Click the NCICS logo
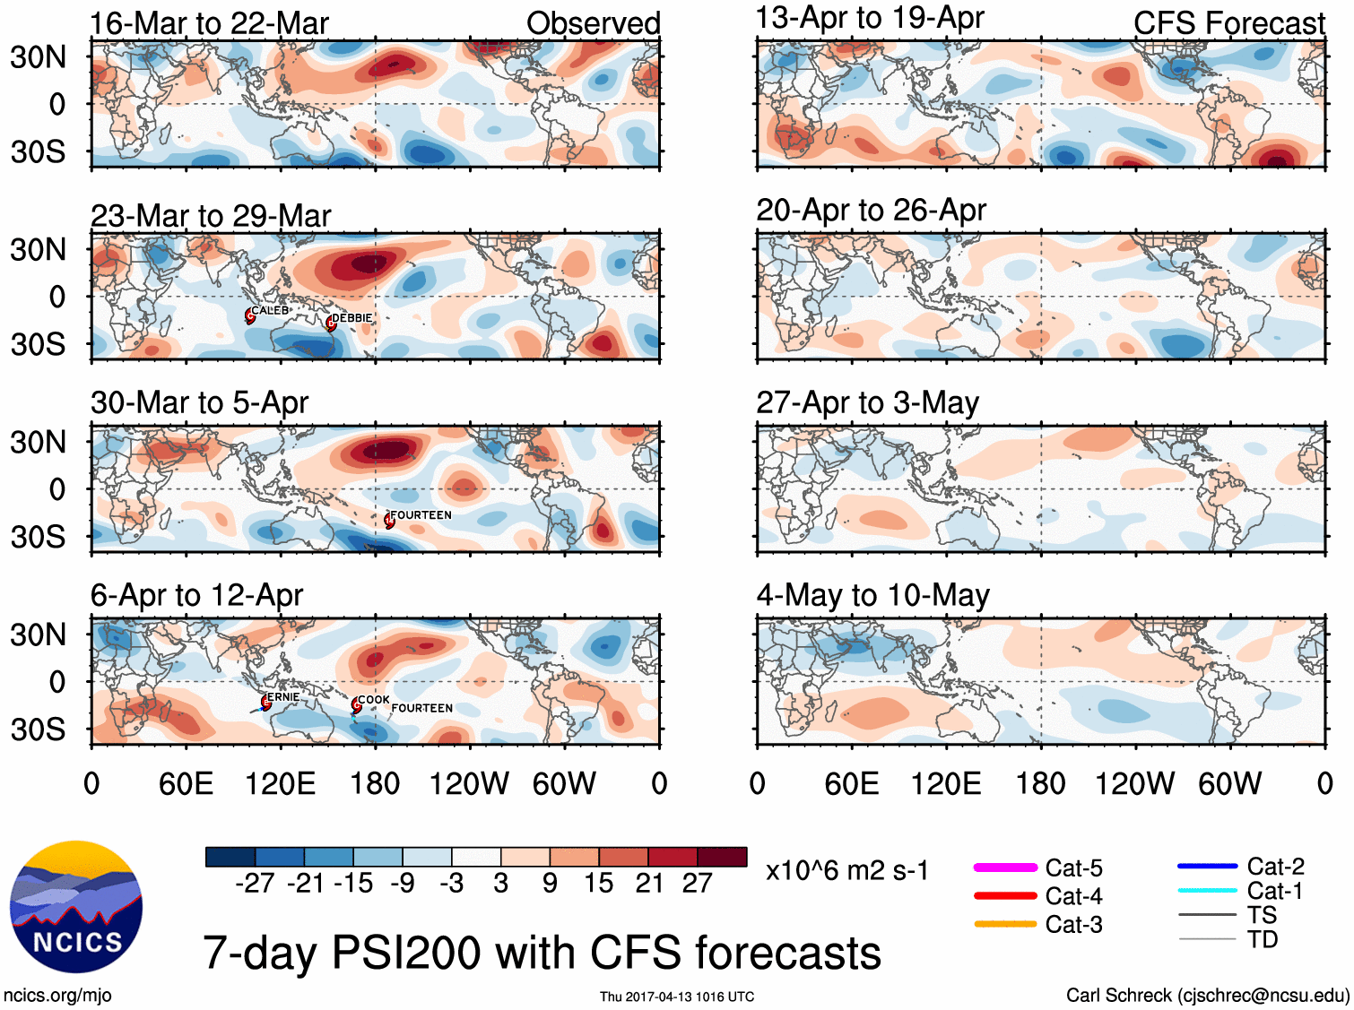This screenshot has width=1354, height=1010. point(76,906)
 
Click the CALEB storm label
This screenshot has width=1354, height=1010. point(270,311)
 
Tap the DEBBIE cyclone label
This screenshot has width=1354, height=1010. point(352,318)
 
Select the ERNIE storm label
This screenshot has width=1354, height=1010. point(283,696)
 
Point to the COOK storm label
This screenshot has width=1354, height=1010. point(373,699)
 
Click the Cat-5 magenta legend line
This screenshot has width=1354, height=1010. point(1005,868)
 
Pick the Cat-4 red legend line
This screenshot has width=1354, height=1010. point(1005,895)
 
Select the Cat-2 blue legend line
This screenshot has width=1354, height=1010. point(1207,866)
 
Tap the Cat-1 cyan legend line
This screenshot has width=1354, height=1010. point(1207,891)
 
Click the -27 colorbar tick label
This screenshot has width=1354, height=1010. point(255,884)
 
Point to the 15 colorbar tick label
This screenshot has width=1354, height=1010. point(598,884)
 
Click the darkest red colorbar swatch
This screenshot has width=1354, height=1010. point(722,857)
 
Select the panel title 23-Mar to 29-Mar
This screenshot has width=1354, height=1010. point(211,216)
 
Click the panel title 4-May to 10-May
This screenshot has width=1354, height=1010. point(872,595)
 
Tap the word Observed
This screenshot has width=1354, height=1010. point(593,23)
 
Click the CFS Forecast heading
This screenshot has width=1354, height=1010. point(1228,23)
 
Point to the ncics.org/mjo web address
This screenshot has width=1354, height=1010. point(57,995)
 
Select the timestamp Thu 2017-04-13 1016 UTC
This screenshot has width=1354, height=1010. point(677,997)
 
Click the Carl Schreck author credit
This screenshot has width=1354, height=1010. point(1207,995)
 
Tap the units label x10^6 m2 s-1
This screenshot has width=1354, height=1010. point(847,870)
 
